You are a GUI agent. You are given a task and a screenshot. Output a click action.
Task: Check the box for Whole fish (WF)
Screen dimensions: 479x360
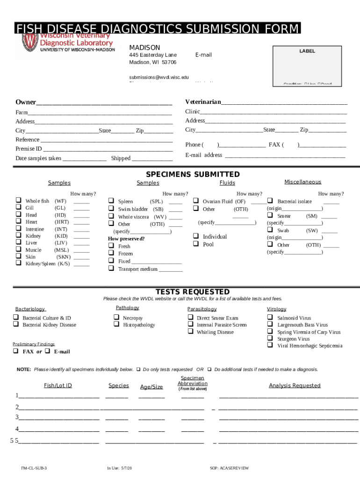(x=18, y=200)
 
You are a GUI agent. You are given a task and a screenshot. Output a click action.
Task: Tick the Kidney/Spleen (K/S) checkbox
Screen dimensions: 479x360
(x=18, y=262)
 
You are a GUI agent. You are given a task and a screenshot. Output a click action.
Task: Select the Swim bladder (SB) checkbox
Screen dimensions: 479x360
(x=111, y=208)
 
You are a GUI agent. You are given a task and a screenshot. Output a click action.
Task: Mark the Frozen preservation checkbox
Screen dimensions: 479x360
(x=111, y=253)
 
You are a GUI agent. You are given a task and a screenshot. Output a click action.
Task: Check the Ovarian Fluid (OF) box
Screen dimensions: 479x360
(x=196, y=201)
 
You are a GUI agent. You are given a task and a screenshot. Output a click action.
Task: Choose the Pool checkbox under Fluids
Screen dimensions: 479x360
(x=196, y=244)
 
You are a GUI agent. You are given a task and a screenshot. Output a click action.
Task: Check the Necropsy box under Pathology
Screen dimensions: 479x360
(x=116, y=317)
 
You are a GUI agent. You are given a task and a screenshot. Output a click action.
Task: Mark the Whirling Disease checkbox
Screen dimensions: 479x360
(x=190, y=331)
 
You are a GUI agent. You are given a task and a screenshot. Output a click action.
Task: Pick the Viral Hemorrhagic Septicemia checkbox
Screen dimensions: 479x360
(x=270, y=345)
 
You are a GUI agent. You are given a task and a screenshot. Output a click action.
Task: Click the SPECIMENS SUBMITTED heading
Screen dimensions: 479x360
(x=193, y=174)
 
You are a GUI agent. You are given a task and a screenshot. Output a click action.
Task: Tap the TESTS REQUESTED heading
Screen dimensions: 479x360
(x=192, y=291)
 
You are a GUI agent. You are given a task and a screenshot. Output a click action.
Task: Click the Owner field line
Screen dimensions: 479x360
(x=104, y=102)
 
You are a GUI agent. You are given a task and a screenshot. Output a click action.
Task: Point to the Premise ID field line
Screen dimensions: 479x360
(x=107, y=149)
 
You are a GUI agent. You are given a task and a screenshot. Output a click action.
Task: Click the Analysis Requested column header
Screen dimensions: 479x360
(x=295, y=385)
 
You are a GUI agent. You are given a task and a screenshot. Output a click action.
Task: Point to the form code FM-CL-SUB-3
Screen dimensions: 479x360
(x=34, y=468)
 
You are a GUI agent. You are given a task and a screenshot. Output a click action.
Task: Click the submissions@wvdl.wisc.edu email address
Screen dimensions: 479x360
(x=159, y=77)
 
